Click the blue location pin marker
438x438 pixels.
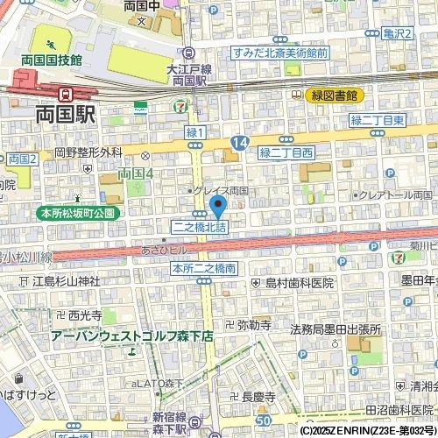(218, 206)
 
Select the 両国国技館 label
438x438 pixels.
(53, 60)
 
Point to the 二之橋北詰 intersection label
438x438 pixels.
(198, 227)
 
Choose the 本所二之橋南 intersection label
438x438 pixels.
(203, 268)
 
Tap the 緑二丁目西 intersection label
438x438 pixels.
(286, 152)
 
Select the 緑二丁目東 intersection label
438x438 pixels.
(377, 119)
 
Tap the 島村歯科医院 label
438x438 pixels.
(299, 283)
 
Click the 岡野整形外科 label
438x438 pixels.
(88, 152)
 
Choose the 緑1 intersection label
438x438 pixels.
(195, 132)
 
